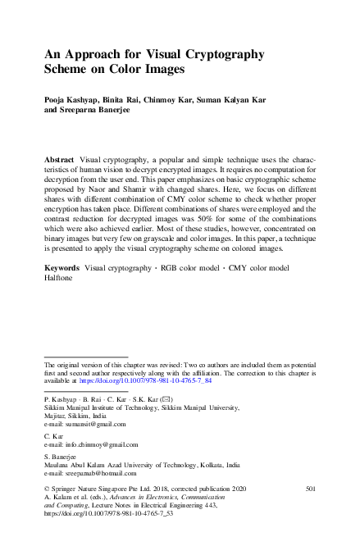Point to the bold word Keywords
(x=62, y=268)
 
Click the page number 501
(x=310, y=489)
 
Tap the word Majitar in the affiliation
(x=55, y=415)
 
